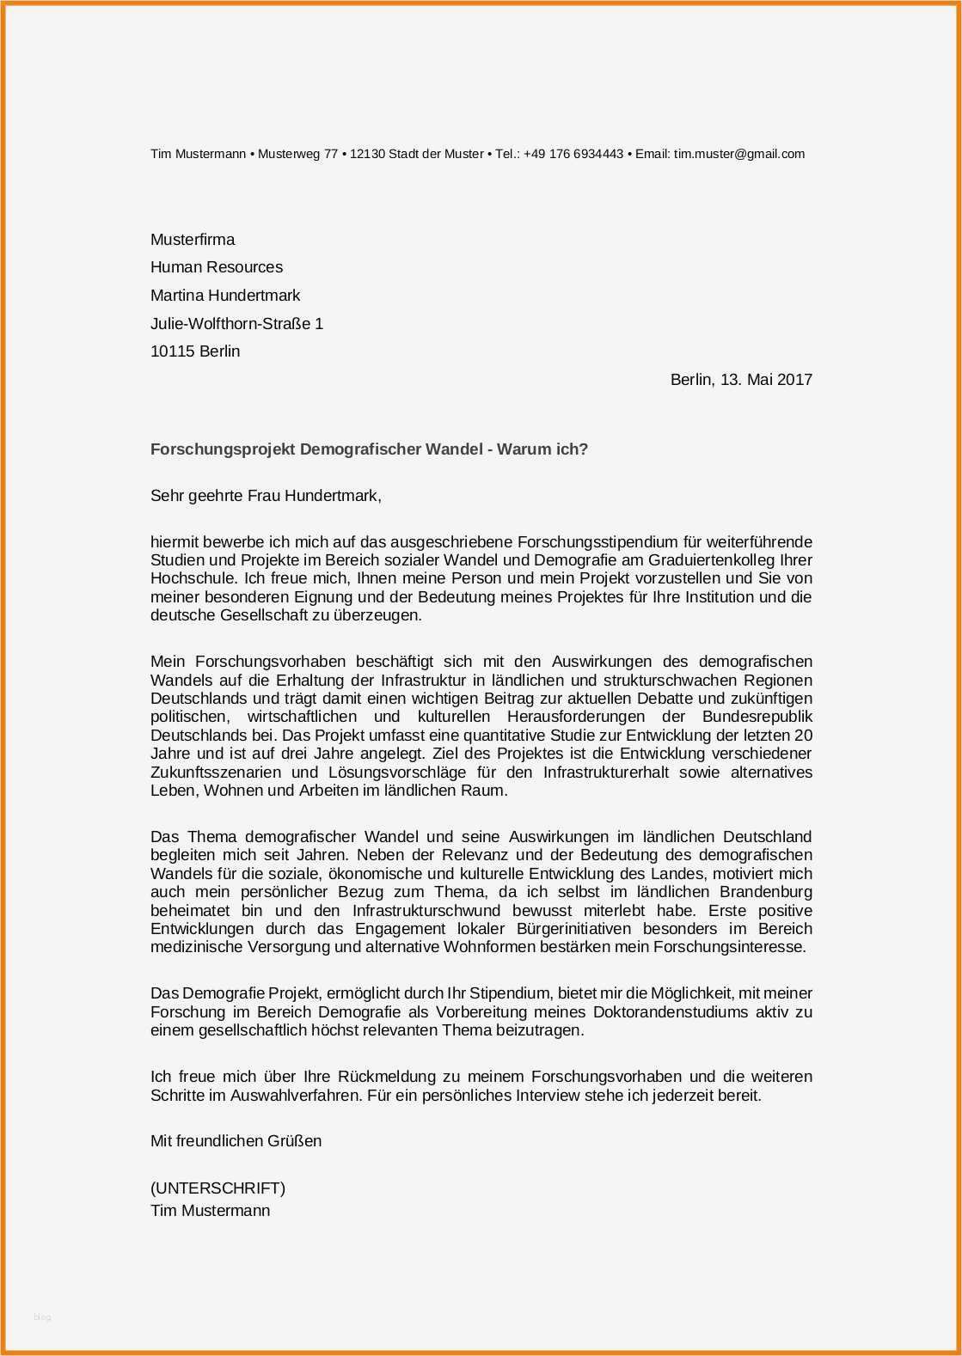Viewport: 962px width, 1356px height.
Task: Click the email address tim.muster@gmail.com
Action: [x=739, y=154]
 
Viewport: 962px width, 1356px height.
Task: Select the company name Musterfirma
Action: [x=193, y=240]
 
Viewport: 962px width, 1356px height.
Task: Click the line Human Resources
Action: [x=217, y=267]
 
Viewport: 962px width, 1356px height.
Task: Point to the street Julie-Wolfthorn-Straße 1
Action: [x=236, y=324]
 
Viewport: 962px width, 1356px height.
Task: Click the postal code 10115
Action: [x=172, y=351]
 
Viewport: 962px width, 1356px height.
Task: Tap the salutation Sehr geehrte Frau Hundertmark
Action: [x=265, y=496]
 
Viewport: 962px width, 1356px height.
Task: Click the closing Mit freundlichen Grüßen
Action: [x=236, y=1141]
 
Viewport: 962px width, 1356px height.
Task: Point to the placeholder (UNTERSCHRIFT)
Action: [x=218, y=1188]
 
